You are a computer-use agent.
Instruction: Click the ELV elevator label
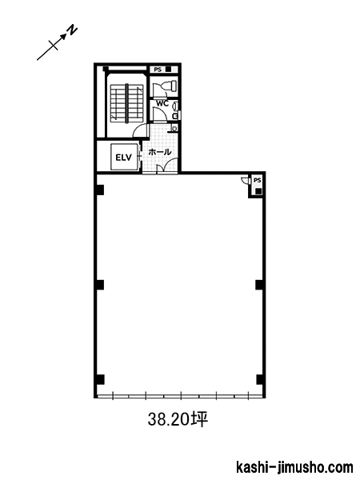click(x=123, y=158)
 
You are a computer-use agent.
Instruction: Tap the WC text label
click(x=162, y=103)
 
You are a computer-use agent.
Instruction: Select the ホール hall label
click(x=160, y=151)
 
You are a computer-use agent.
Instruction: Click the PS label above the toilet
click(x=158, y=70)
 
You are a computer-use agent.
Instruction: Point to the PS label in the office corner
click(x=258, y=180)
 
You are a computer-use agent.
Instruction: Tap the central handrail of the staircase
click(x=126, y=103)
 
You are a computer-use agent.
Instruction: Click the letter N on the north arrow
click(x=72, y=30)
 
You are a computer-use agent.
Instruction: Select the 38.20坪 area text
click(x=178, y=419)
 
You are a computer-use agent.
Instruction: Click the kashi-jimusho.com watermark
click(x=294, y=467)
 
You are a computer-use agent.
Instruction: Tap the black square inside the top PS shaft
click(x=168, y=69)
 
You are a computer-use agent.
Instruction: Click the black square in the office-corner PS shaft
click(x=258, y=191)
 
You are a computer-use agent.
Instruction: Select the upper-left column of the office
click(x=101, y=190)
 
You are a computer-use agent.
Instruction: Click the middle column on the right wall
click(x=259, y=285)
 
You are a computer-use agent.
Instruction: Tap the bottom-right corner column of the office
click(x=259, y=379)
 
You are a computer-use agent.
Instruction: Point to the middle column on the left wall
click(x=101, y=285)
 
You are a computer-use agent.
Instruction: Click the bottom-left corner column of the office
click(x=101, y=379)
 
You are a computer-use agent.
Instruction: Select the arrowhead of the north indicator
click(x=63, y=37)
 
